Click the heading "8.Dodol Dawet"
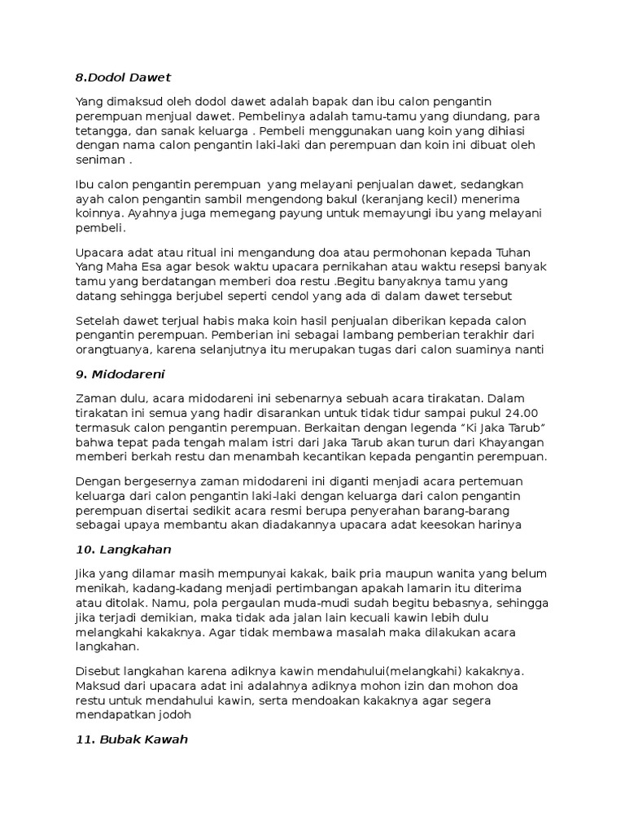click(x=123, y=77)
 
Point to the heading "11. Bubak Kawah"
click(x=131, y=740)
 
